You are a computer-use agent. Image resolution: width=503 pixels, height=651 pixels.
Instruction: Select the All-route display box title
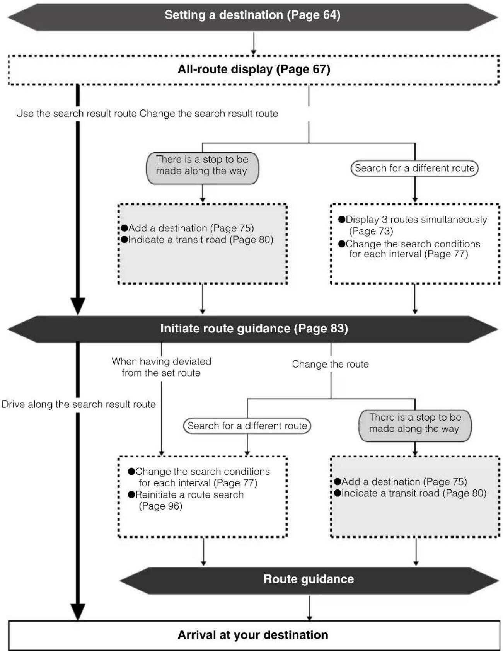[254, 69]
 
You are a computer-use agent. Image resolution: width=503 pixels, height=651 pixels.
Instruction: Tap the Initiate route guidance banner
[253, 329]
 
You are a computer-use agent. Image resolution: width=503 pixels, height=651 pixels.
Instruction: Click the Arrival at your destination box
[254, 635]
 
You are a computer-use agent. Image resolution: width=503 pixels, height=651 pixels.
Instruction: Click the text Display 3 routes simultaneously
[416, 220]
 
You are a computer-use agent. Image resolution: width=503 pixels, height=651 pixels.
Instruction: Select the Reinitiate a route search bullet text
[189, 494]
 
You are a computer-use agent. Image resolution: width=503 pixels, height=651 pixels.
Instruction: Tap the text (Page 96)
[160, 506]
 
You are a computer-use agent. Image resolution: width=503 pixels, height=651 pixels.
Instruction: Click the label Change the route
[330, 364]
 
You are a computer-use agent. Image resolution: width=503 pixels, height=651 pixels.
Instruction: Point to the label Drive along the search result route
[79, 404]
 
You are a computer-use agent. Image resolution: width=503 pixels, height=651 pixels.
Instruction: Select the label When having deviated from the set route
[161, 367]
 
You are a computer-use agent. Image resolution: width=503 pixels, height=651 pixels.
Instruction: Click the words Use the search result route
[76, 113]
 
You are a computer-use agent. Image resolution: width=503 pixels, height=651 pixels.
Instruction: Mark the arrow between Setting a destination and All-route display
[254, 44]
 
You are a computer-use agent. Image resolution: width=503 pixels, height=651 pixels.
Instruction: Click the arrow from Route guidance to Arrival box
[309, 608]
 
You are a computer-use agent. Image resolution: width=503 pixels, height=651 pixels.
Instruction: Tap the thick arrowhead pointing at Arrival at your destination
[78, 612]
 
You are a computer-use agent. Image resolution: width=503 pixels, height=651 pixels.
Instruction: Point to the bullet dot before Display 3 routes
[341, 220]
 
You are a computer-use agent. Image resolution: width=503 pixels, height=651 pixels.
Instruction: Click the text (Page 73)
[371, 231]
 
